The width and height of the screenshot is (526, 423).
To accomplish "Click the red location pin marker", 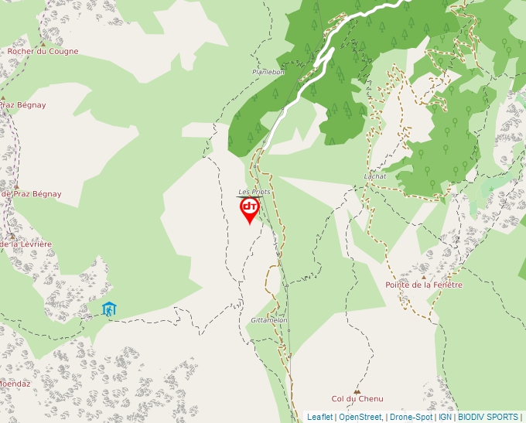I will (249, 210).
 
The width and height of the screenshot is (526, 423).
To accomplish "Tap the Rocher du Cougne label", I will (43, 52).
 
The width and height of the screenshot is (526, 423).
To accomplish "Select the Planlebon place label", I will (268, 72).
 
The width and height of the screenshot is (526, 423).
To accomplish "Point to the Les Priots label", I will (254, 191).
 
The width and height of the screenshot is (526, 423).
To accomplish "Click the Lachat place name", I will (374, 176).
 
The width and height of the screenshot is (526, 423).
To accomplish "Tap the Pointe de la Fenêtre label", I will (424, 285).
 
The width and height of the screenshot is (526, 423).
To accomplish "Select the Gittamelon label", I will (269, 319).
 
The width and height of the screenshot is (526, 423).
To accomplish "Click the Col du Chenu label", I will (357, 398).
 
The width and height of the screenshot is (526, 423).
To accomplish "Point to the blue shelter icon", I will (109, 309).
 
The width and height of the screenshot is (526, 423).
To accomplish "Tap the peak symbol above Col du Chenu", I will (357, 391).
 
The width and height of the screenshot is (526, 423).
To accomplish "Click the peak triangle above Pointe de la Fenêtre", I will (423, 277).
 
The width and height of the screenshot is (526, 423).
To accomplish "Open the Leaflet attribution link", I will (319, 417).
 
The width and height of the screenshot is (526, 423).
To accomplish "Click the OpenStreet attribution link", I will (360, 417).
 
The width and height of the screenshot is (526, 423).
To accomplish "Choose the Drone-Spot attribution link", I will (411, 417).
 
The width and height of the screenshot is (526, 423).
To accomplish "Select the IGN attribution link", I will (445, 417).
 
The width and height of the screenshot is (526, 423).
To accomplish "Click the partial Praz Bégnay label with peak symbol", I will (23, 104).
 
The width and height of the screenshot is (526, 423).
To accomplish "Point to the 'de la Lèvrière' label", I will (26, 244).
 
